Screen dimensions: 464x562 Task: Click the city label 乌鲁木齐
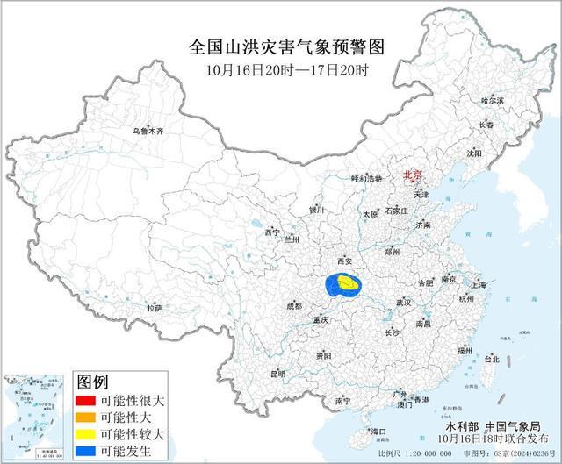click(148, 131)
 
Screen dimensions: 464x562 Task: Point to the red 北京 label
click(412, 175)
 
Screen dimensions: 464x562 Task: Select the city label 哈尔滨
click(493, 101)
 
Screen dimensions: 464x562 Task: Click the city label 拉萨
click(155, 308)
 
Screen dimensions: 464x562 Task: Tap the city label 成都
click(293, 306)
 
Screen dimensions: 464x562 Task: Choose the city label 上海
click(479, 285)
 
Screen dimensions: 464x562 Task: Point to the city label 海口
click(378, 432)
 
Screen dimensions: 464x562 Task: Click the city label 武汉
click(404, 302)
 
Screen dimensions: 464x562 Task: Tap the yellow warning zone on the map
click(349, 283)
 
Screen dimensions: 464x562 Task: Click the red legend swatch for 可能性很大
click(85, 399)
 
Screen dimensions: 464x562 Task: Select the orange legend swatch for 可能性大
click(85, 416)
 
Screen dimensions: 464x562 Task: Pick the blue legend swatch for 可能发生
click(85, 449)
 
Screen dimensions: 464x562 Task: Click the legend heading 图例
click(92, 382)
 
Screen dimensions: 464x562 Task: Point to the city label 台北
click(492, 359)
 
